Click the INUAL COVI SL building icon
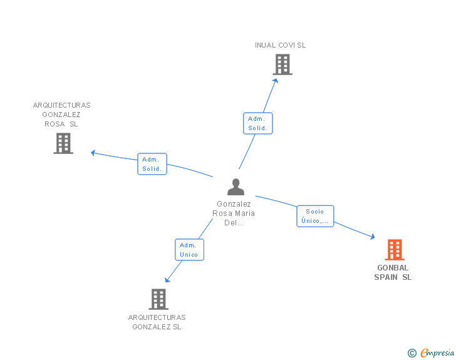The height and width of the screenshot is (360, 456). point(282,64)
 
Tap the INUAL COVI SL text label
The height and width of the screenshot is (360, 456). point(281,45)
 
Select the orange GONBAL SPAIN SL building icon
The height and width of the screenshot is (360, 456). point(394,250)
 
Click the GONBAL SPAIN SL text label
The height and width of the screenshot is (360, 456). point(393,272)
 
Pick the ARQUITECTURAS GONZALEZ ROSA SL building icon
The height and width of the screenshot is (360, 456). point(63,143)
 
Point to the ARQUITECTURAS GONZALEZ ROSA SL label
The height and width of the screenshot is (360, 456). point(61,115)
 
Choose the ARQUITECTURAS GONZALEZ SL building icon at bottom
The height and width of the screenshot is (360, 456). point(158,299)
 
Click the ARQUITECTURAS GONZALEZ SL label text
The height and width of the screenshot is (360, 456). point(157,322)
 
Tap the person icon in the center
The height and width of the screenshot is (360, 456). point(236,187)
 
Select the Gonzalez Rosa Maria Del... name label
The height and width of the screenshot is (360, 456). point(234,213)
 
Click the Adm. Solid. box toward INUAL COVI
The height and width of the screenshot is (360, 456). point(257,123)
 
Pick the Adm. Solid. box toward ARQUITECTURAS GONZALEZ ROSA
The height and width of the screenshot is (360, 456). point(152,164)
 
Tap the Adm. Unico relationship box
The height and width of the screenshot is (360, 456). point(189,250)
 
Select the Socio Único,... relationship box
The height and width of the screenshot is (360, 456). point(315,216)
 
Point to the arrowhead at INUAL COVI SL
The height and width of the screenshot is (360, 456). point(276,79)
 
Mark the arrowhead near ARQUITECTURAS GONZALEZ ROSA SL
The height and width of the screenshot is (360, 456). point(93,152)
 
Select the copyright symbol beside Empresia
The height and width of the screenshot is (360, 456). point(412,353)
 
